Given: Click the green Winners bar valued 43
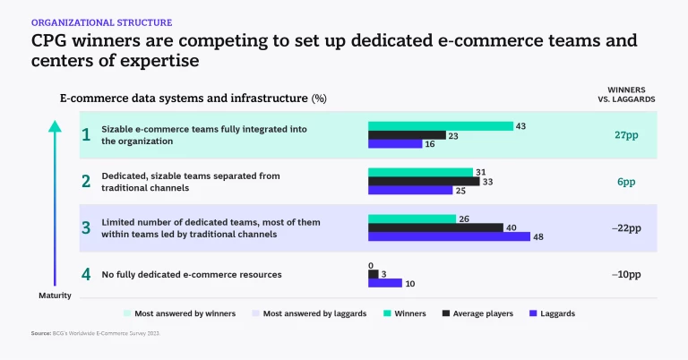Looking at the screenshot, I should (440, 126).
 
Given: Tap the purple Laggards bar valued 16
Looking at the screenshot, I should (394, 143).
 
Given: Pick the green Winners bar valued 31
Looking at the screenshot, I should (420, 172).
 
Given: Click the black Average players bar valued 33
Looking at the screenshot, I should (424, 181).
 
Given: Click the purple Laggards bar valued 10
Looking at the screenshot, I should (385, 283).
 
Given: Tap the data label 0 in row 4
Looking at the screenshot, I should (371, 265).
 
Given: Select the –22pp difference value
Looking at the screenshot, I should (626, 227).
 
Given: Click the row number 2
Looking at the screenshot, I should (86, 181).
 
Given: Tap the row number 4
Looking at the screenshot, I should (86, 274).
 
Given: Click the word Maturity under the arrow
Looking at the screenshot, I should (54, 295).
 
